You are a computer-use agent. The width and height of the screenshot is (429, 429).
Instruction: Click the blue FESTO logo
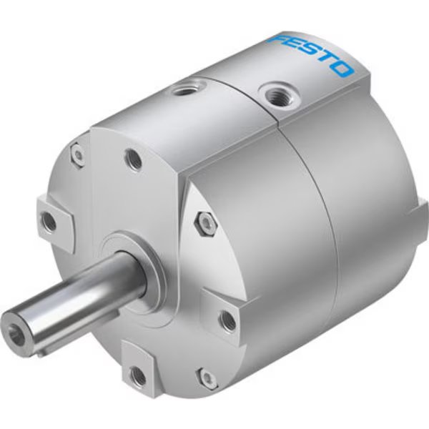[311, 54]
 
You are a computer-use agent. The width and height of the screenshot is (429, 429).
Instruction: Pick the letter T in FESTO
[325, 61]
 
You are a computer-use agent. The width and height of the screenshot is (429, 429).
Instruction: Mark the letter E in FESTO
[291, 46]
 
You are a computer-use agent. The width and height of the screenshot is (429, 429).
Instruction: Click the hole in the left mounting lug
[49, 222]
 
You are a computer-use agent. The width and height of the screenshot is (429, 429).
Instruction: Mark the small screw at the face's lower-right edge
[208, 378]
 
